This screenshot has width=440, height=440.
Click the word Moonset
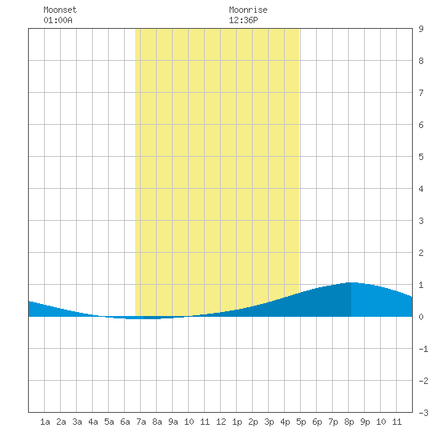[60, 10]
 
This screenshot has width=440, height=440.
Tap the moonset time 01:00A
[58, 20]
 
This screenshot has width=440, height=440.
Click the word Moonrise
[248, 10]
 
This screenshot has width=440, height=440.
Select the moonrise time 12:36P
[243, 20]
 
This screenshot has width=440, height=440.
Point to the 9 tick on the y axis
[421, 29]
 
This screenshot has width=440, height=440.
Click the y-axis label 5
[421, 157]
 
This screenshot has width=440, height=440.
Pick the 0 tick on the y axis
[421, 317]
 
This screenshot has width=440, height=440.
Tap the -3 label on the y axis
[423, 413]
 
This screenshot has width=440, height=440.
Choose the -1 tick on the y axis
[423, 349]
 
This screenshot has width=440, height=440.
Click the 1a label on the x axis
[45, 422]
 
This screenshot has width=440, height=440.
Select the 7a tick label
[141, 422]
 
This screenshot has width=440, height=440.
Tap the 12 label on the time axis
[221, 422]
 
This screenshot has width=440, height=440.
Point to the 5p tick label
[301, 422]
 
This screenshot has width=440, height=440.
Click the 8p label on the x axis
[349, 422]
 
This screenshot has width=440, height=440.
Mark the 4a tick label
[93, 422]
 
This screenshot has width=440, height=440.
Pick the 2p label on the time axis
[253, 422]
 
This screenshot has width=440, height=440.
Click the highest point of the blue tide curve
[352, 282]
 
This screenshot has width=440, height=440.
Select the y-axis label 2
[421, 253]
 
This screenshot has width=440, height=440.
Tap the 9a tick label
[173, 422]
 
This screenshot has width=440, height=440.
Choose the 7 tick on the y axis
[421, 93]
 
